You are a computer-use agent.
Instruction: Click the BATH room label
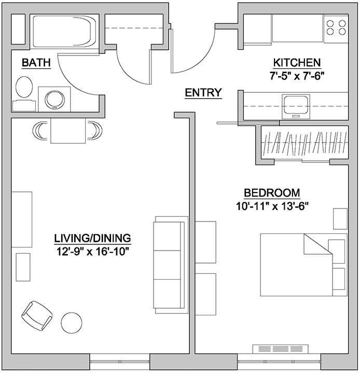[36, 63]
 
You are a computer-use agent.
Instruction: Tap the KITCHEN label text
[297, 63]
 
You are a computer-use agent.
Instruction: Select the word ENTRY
[203, 92]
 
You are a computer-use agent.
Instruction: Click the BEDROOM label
[272, 192]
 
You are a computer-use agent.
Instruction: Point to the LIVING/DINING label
[92, 238]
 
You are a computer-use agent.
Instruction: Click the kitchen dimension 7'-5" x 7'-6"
[297, 76]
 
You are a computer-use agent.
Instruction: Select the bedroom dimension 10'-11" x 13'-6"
[272, 206]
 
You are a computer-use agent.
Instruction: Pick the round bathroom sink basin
[55, 100]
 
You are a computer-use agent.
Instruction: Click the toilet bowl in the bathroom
[24, 87]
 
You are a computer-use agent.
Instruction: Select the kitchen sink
[296, 106]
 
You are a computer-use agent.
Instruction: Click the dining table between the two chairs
[68, 131]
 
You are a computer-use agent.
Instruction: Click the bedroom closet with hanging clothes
[305, 143]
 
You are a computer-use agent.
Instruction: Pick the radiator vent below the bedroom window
[280, 349]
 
